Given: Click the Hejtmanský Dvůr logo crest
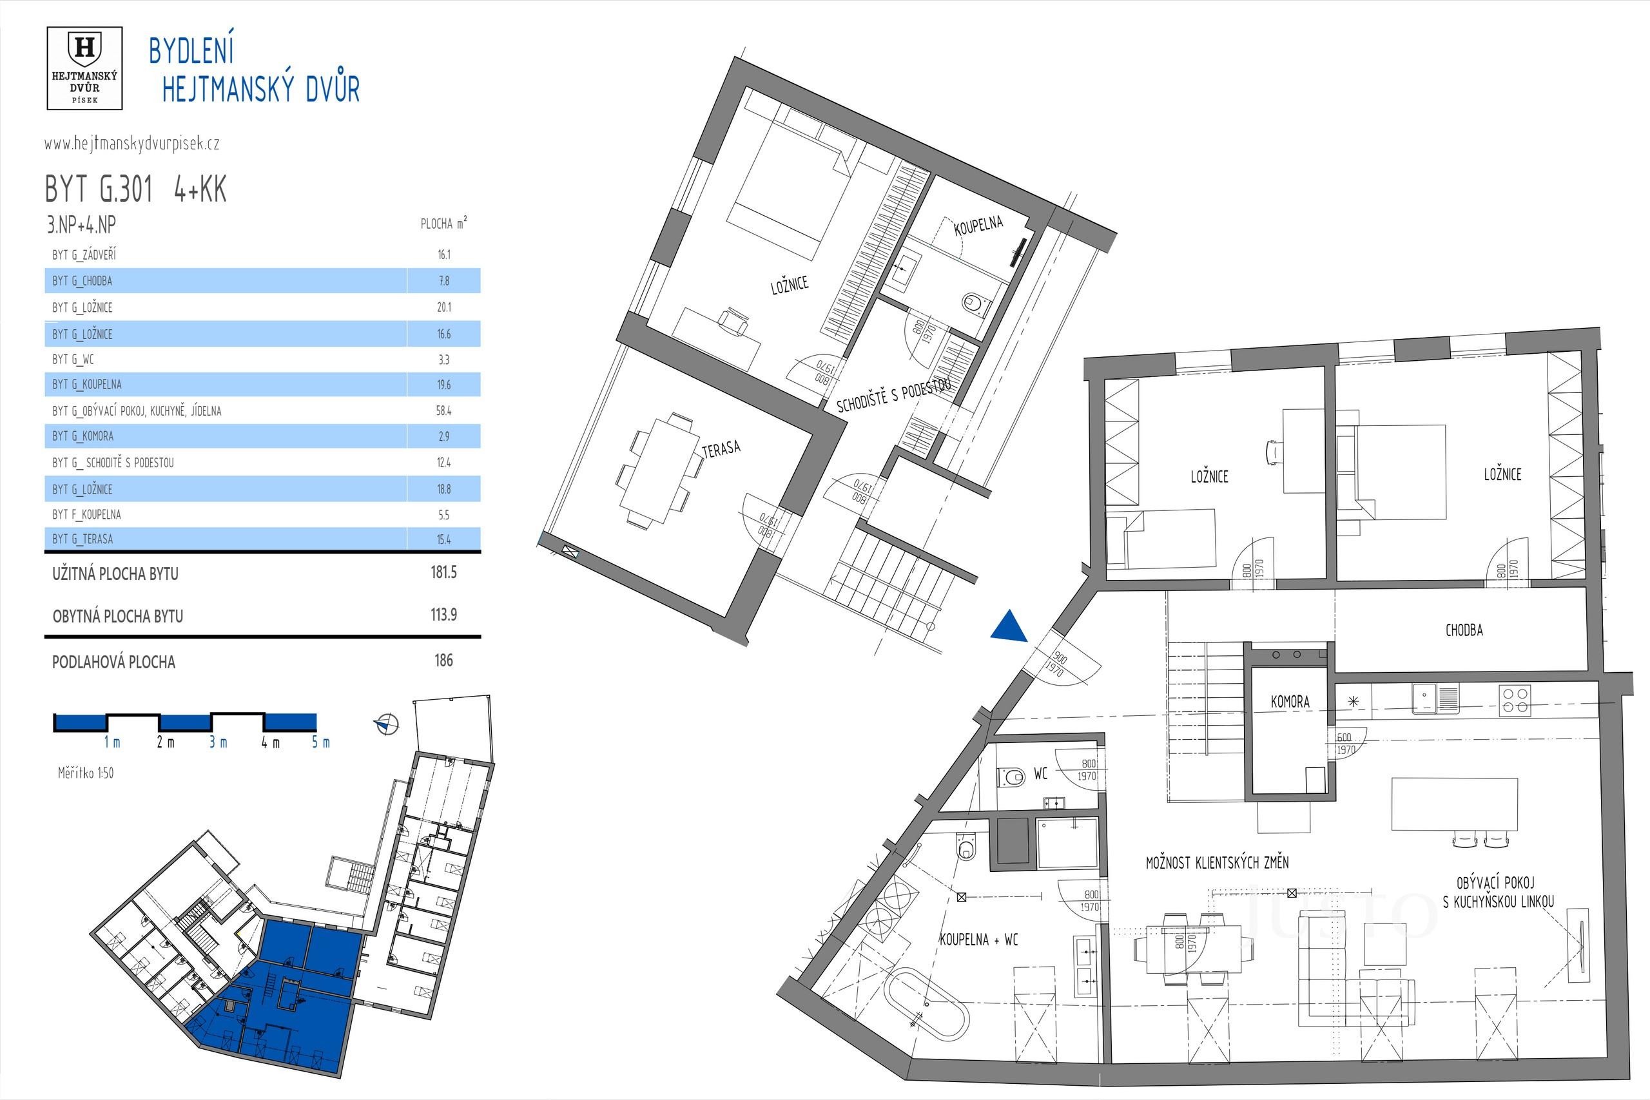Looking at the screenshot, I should pyautogui.click(x=84, y=50).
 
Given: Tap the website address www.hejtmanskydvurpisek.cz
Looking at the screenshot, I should pyautogui.click(x=132, y=144).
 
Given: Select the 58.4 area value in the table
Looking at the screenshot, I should pyautogui.click(x=443, y=411).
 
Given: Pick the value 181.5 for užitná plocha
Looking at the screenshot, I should pyautogui.click(x=443, y=572).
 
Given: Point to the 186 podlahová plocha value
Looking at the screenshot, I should pyautogui.click(x=443, y=660).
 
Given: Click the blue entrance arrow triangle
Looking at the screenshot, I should pyautogui.click(x=1009, y=626).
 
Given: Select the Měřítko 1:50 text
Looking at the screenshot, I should pyautogui.click(x=86, y=773).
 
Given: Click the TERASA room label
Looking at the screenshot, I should pyautogui.click(x=721, y=449).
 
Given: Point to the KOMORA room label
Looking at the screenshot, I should pyautogui.click(x=1290, y=702).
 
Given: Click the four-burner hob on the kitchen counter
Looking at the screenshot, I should pyautogui.click(x=1515, y=701).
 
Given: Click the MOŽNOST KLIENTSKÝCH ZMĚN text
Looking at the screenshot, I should pyautogui.click(x=1217, y=863).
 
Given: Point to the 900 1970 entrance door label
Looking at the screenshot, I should pyautogui.click(x=1056, y=663).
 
